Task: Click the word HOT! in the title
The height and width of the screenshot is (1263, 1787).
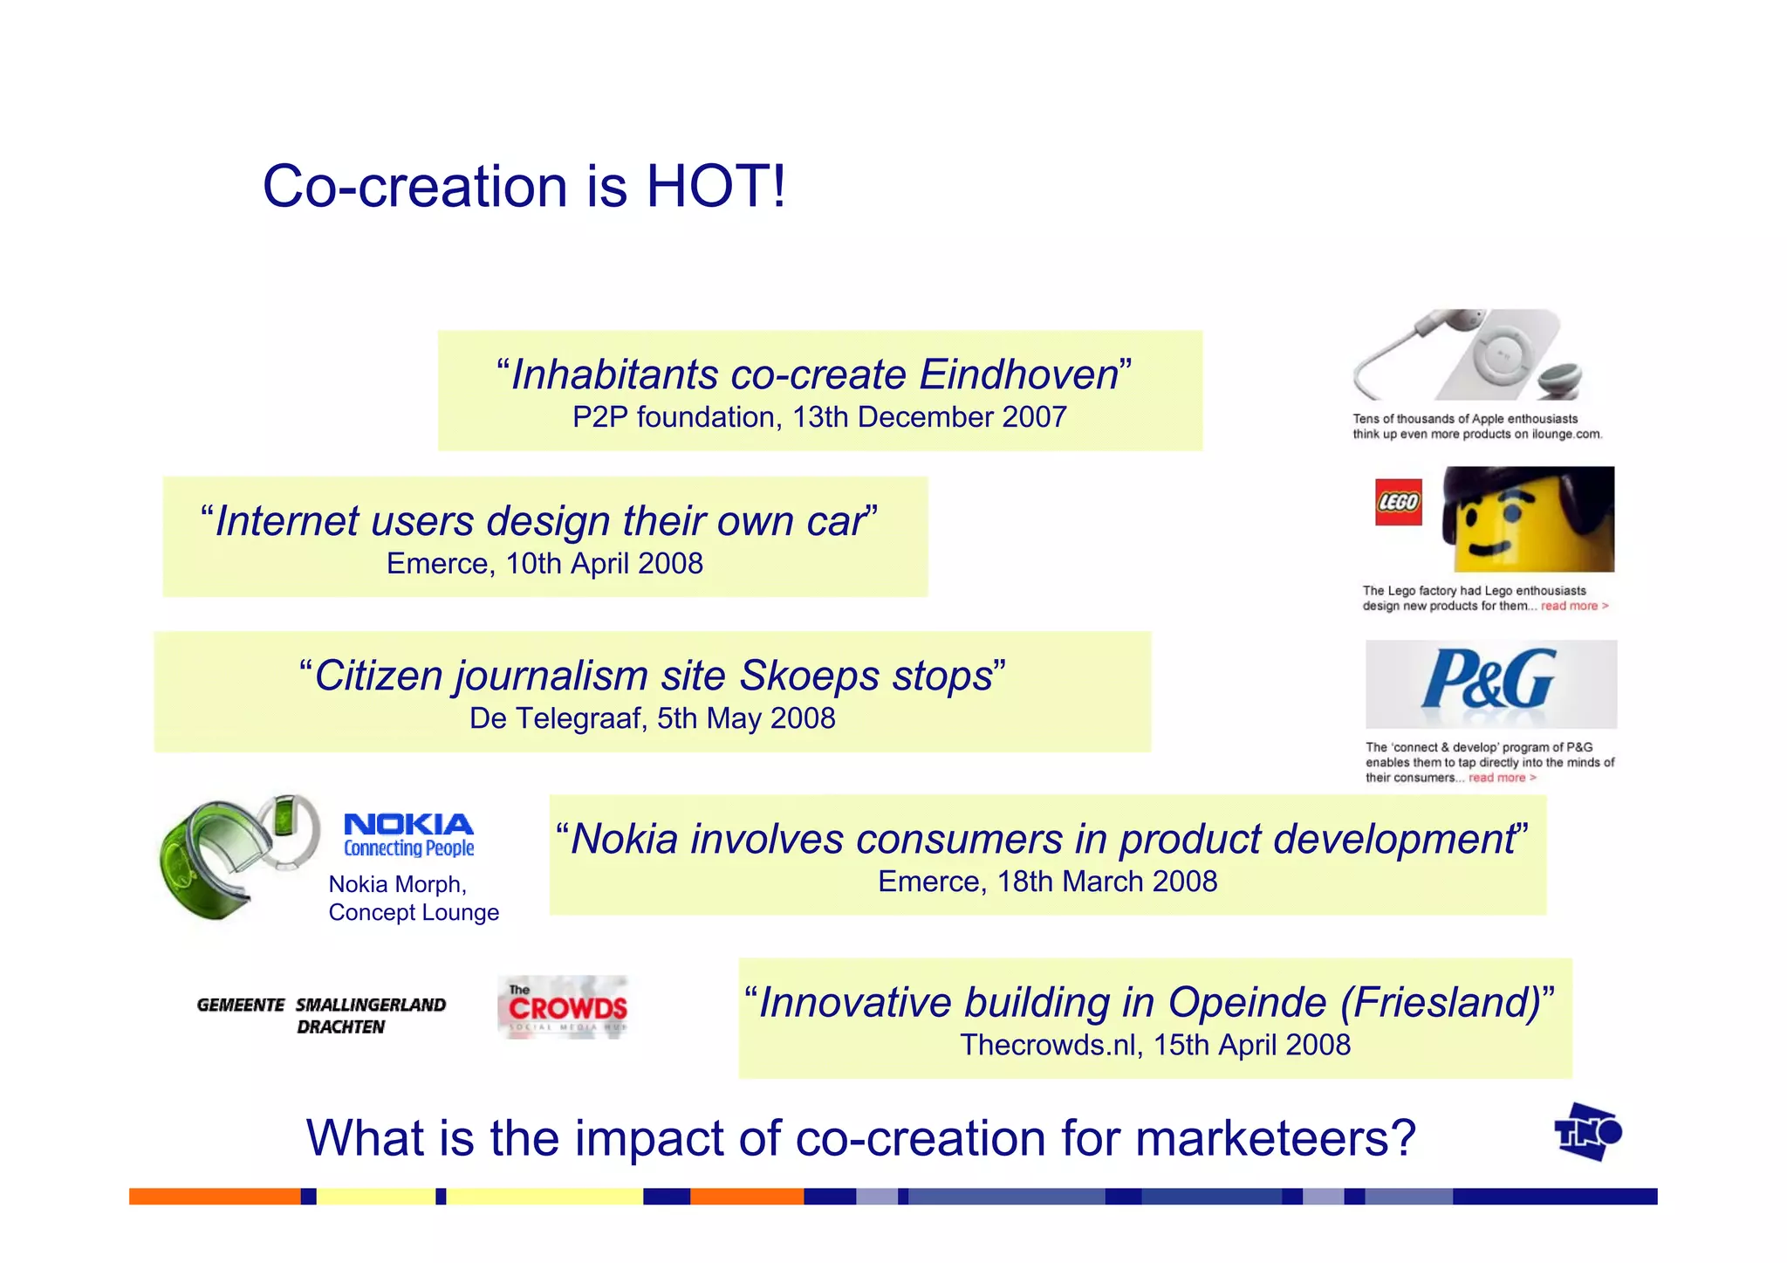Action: pos(715,186)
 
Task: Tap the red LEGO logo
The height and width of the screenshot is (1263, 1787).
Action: pos(1398,502)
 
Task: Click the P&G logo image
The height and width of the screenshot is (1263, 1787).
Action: pos(1490,683)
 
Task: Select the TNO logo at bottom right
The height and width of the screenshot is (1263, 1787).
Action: pos(1587,1132)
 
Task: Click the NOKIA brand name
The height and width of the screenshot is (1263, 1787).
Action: pos(408,825)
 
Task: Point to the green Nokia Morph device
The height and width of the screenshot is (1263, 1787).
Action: pos(223,855)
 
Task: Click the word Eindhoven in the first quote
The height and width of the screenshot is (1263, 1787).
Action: pos(1018,374)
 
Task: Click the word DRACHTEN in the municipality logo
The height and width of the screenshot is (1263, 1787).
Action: pos(340,1027)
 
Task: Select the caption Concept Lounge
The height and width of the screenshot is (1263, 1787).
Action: pos(414,912)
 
